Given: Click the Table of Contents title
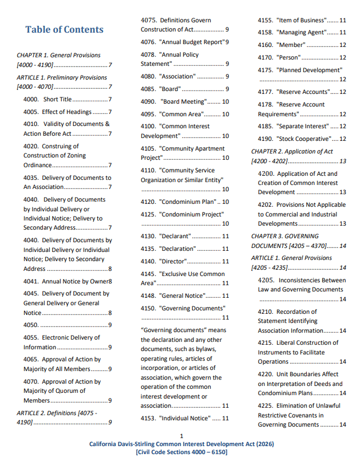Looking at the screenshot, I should pos(64,30).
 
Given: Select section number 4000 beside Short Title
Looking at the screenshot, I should pos(31,99).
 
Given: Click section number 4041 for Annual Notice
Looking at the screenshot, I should pos(31,281).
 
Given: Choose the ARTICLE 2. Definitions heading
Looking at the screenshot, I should pos(57,413).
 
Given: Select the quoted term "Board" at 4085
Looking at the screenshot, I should pos(171,89).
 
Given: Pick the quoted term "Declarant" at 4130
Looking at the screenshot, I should pos(175,236).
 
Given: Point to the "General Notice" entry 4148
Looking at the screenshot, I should pos(181,295).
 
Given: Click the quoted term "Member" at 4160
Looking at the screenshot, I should pos(291,45).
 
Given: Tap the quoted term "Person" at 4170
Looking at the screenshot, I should pos(289,57).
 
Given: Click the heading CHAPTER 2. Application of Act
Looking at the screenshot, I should pos(292,151).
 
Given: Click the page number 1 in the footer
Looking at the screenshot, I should pos(181,436).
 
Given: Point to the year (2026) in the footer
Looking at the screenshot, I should pos(263,444).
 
